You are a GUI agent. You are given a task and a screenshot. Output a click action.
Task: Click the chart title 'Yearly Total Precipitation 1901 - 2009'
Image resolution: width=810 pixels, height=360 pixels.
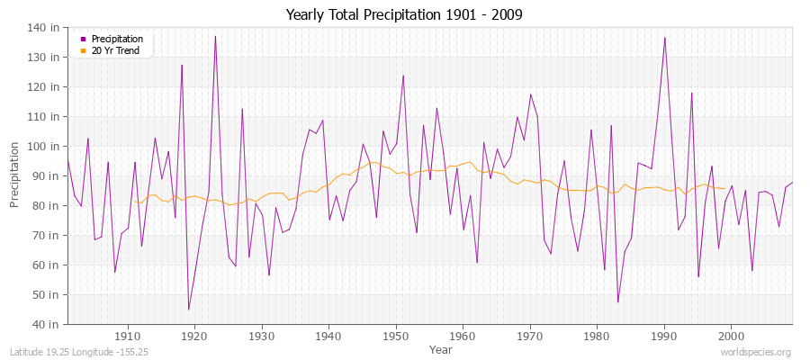click(404, 14)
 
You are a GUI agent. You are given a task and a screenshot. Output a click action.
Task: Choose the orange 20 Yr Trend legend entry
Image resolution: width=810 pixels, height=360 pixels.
click(113, 49)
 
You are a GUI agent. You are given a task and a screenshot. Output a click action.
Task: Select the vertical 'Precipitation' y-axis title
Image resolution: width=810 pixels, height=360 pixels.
click(15, 175)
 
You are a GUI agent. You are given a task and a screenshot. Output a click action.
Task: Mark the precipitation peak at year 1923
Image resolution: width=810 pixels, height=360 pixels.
click(215, 36)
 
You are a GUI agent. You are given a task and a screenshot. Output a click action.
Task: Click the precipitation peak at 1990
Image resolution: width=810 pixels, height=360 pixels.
click(664, 38)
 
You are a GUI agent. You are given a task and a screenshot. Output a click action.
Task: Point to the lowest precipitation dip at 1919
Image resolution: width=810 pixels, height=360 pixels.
click(188, 310)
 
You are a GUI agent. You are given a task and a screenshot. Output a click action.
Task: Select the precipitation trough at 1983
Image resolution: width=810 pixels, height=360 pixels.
click(617, 301)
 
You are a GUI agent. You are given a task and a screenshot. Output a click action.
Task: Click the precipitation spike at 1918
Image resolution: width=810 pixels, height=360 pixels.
click(182, 65)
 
